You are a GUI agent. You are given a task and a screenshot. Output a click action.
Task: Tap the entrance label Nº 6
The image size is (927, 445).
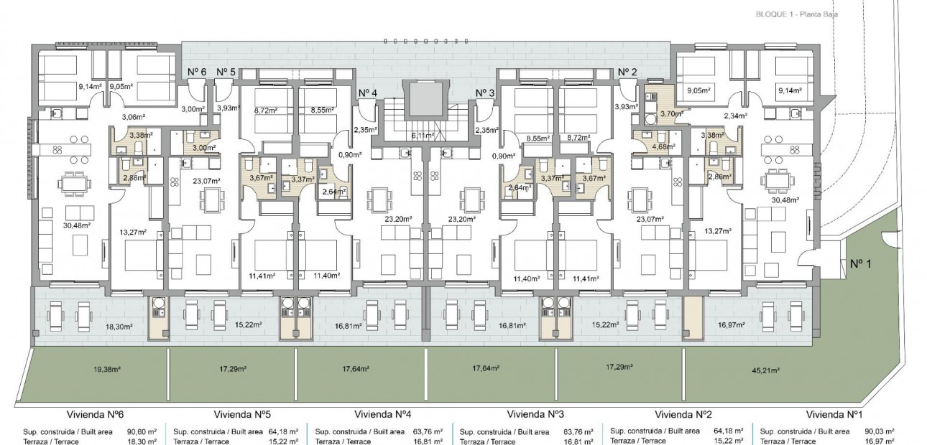tap(197, 72)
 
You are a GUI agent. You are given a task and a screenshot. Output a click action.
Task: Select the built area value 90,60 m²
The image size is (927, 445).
tap(141, 431)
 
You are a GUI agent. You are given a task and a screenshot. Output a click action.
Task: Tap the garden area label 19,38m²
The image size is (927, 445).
tap(86, 369)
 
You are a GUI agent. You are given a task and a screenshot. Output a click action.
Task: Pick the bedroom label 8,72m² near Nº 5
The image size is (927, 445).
tap(266, 112)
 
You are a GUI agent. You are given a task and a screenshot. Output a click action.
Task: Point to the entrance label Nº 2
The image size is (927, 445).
tap(627, 72)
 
